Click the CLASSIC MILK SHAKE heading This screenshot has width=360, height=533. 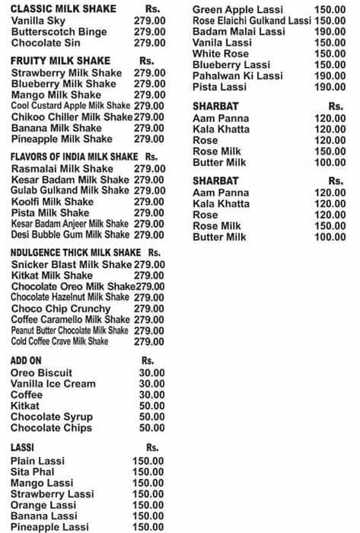pos(63,9)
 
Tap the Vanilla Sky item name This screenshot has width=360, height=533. pos(43,21)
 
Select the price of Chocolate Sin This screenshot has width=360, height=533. pos(149,43)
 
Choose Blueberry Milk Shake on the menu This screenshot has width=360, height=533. pos(64,84)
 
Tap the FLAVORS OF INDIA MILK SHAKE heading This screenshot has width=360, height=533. pos(74,156)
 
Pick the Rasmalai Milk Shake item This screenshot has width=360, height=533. pos(62,168)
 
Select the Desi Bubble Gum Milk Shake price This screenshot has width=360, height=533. pos(149,235)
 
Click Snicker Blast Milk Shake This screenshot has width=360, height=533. pos(72,264)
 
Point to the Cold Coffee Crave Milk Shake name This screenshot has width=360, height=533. pos(60,342)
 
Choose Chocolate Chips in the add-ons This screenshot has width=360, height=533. pos(51,428)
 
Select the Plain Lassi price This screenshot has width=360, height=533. pos(148,461)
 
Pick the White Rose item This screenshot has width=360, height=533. pos(221,54)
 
